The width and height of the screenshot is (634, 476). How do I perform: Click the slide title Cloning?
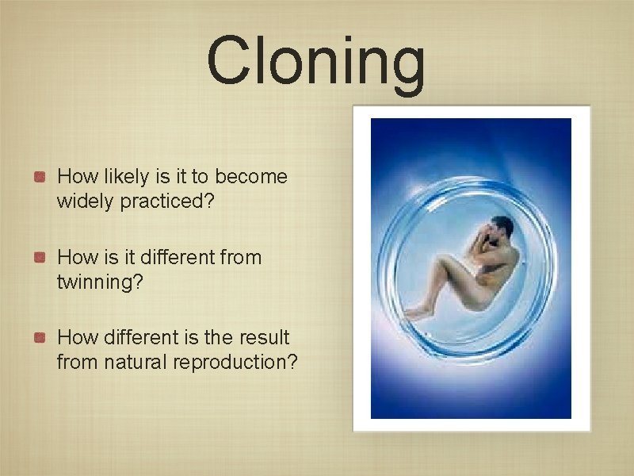tap(316, 62)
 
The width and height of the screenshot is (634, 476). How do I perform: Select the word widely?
tap(86, 202)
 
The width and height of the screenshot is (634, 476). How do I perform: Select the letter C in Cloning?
tap(230, 62)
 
